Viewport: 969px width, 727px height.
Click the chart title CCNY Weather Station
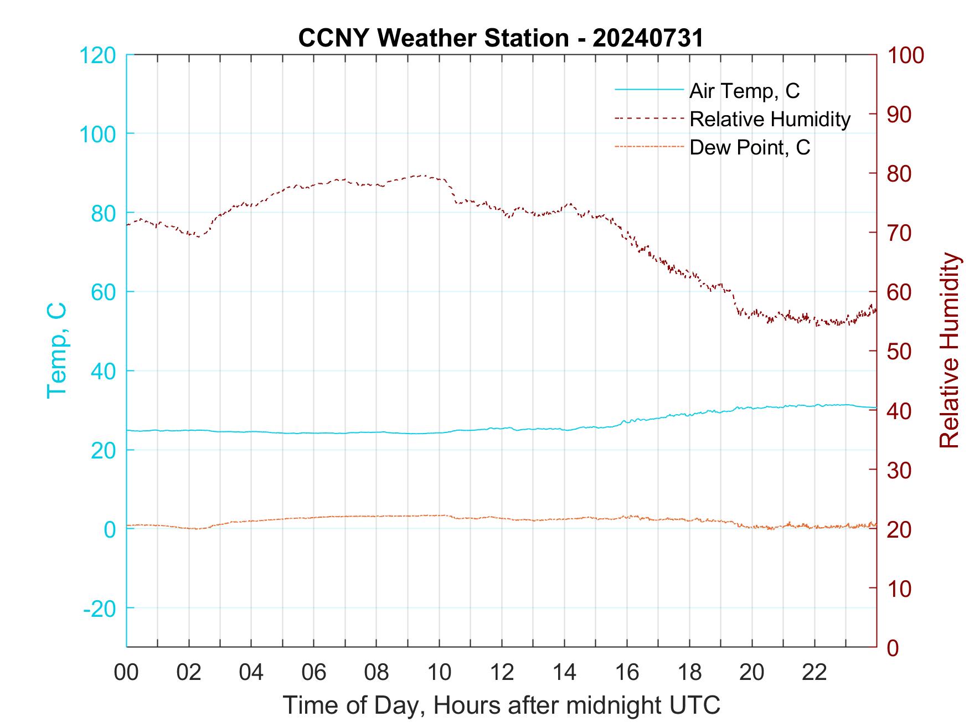[501, 38]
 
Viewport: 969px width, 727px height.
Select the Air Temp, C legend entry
[744, 91]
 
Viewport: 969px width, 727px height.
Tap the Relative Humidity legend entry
[770, 119]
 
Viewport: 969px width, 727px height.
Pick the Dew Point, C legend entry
[750, 147]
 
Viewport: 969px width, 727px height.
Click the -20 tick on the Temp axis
[100, 609]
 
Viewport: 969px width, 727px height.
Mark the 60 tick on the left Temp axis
[103, 292]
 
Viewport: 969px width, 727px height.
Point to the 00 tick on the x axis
[127, 672]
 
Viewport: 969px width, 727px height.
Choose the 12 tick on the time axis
[502, 672]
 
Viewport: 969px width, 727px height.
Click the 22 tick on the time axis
[815, 672]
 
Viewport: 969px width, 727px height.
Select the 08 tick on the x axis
[377, 672]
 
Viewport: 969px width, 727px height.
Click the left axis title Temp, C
[56, 350]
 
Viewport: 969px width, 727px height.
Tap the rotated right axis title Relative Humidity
[949, 350]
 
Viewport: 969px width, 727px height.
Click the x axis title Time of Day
[502, 705]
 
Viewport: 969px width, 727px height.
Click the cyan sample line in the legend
[648, 89]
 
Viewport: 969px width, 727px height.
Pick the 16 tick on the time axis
[627, 672]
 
